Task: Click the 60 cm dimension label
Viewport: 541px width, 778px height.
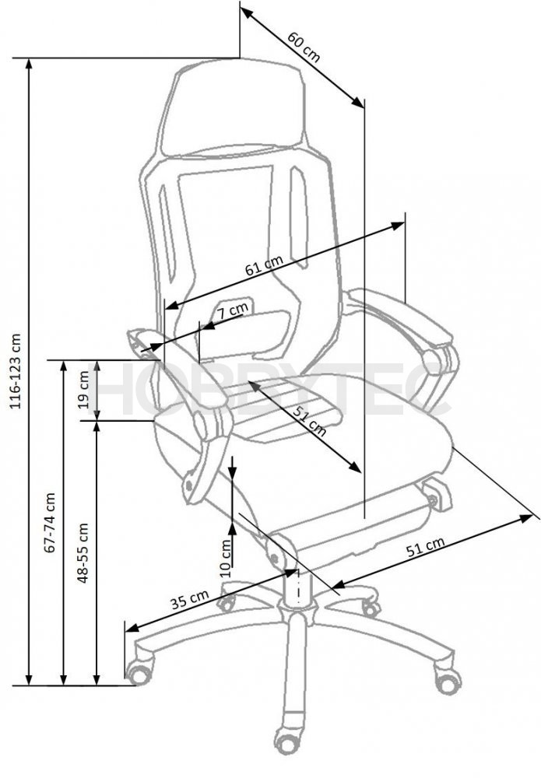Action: (304, 47)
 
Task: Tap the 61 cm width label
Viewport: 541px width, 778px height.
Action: (265, 265)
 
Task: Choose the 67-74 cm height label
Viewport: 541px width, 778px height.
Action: (50, 523)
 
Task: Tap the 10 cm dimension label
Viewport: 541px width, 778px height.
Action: (226, 558)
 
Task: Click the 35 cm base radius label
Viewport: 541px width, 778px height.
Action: (190, 600)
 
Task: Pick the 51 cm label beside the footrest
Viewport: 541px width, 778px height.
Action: (425, 547)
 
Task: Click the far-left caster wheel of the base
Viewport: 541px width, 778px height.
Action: (139, 672)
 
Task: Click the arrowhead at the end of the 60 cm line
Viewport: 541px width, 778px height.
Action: (358, 101)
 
